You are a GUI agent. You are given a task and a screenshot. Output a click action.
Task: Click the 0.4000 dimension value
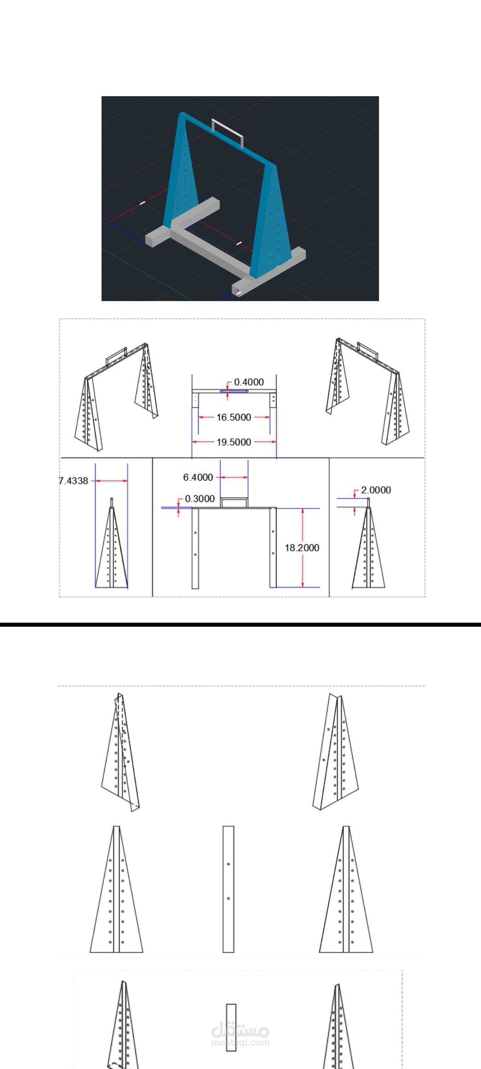249,382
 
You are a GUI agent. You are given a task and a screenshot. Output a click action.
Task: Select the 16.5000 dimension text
234,417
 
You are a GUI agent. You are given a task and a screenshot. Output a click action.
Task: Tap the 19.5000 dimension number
234,442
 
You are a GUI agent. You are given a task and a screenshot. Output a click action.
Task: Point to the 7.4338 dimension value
74,481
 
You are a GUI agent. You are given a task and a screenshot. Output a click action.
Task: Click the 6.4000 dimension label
198,477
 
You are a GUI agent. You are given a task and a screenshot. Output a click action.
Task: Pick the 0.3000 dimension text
200,499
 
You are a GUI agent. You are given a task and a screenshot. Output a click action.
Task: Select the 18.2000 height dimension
302,548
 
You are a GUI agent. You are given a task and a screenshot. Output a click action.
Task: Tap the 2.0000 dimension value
376,490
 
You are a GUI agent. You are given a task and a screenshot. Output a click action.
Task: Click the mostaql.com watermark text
240,1043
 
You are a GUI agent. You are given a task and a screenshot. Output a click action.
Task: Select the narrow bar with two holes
228,889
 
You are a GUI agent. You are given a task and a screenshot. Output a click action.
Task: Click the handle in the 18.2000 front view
234,502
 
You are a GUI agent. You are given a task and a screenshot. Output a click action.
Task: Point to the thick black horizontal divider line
240,624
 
